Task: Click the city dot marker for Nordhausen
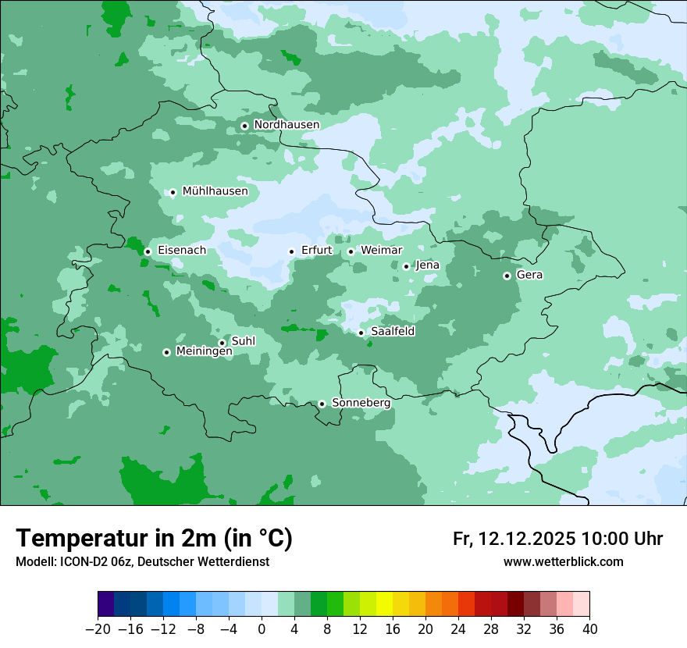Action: [x=244, y=126]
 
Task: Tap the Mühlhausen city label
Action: [x=215, y=191]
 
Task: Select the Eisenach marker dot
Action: [x=148, y=251]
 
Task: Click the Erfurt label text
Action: [x=316, y=251]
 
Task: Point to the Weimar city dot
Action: [x=351, y=251]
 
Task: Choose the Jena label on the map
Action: [x=427, y=265]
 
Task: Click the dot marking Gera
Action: [x=507, y=276]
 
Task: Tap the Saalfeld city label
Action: [x=392, y=332]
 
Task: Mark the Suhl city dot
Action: [x=222, y=343]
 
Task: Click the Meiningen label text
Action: [x=204, y=352]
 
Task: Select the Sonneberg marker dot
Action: [x=322, y=404]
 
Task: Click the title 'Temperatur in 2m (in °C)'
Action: [x=154, y=539]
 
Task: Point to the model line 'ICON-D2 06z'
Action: [x=142, y=562]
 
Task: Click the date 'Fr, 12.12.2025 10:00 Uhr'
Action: [x=557, y=539]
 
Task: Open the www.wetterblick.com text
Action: [x=563, y=562]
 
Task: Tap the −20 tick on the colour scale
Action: [x=98, y=629]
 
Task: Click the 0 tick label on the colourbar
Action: [x=262, y=629]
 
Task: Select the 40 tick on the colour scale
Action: [x=589, y=629]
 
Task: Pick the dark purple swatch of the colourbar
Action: [x=105, y=604]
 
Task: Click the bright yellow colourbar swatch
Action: [x=384, y=604]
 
